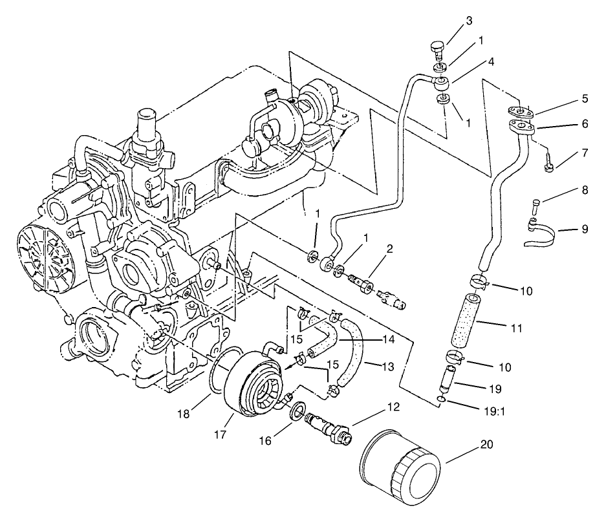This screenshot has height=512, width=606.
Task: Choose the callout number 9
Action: click(585, 229)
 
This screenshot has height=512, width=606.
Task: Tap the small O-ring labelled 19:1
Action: click(440, 401)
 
